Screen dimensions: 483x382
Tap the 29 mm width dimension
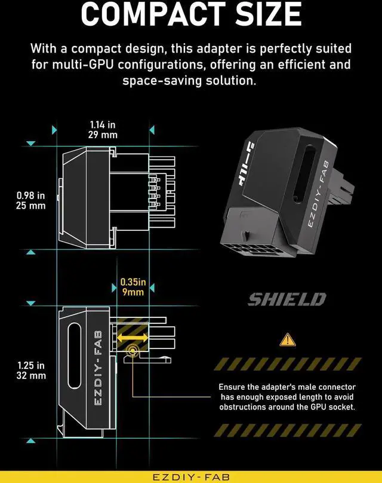point(103,135)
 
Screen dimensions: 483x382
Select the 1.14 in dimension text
point(103,124)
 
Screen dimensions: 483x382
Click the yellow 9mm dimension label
point(133,292)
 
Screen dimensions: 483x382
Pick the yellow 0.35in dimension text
point(133,282)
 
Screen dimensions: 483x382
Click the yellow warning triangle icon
point(288,340)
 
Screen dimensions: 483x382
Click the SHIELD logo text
point(287,299)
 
